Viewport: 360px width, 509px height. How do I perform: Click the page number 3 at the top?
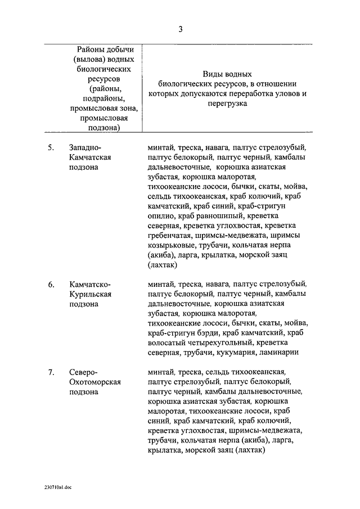(180, 29)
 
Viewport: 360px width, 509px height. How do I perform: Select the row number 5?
(51, 148)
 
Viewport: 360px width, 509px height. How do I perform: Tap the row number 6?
(51, 285)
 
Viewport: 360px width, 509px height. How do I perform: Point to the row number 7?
(51, 372)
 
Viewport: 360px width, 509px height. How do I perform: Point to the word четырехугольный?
(220, 343)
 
